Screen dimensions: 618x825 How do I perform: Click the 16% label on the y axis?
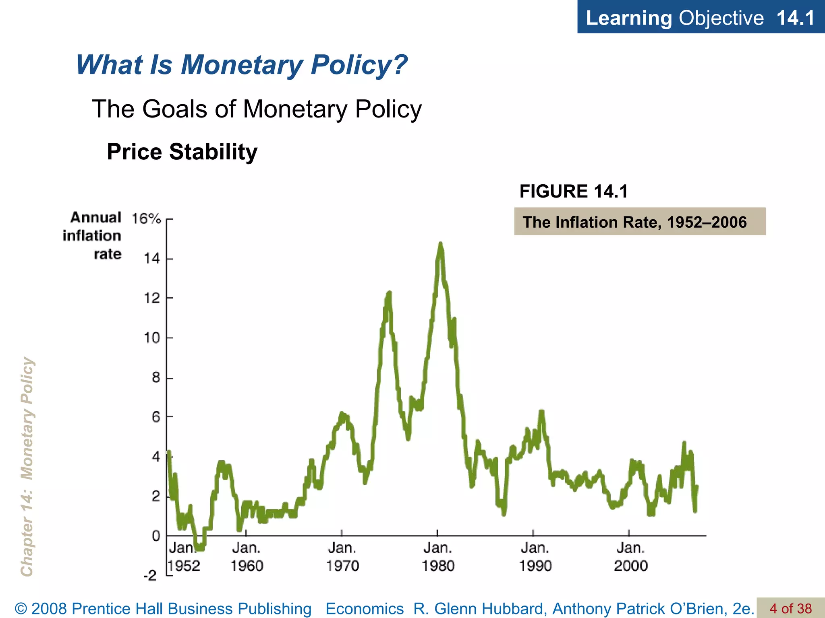tap(146, 219)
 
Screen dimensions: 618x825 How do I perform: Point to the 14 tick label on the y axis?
tap(152, 258)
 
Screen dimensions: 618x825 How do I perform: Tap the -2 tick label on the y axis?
tap(150, 575)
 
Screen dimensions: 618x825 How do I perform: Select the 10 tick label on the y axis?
tap(152, 338)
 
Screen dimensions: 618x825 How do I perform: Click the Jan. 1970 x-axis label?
tap(342, 557)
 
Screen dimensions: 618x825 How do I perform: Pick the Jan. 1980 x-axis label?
tap(438, 557)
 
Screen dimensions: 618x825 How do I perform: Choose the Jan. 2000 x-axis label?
tap(630, 557)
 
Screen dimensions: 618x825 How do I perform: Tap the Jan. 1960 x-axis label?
tap(247, 557)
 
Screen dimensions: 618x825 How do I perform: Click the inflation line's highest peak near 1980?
tap(440, 244)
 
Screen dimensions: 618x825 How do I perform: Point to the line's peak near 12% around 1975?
tap(389, 293)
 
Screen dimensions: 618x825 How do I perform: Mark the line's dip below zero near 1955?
tap(199, 548)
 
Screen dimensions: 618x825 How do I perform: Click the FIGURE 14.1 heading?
tap(574, 191)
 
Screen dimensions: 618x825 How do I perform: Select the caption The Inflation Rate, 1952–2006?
tap(634, 222)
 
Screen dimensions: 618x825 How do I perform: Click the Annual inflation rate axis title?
tap(92, 236)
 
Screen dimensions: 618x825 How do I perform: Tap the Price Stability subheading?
tap(182, 152)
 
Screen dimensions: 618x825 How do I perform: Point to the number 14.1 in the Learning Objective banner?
tap(795, 18)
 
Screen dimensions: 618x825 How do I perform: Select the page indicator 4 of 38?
tap(791, 608)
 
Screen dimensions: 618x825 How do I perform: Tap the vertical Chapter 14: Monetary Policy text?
tap(27, 467)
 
